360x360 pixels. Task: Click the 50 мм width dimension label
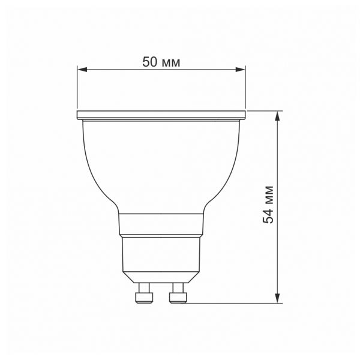[161, 61]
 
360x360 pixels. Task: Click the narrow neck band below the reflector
[161, 224]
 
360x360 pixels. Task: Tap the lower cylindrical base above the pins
[161, 258]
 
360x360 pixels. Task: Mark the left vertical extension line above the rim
[77, 90]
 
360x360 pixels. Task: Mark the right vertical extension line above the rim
[246, 90]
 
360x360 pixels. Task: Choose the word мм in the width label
[172, 62]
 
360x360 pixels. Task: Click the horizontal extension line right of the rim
[264, 112]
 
